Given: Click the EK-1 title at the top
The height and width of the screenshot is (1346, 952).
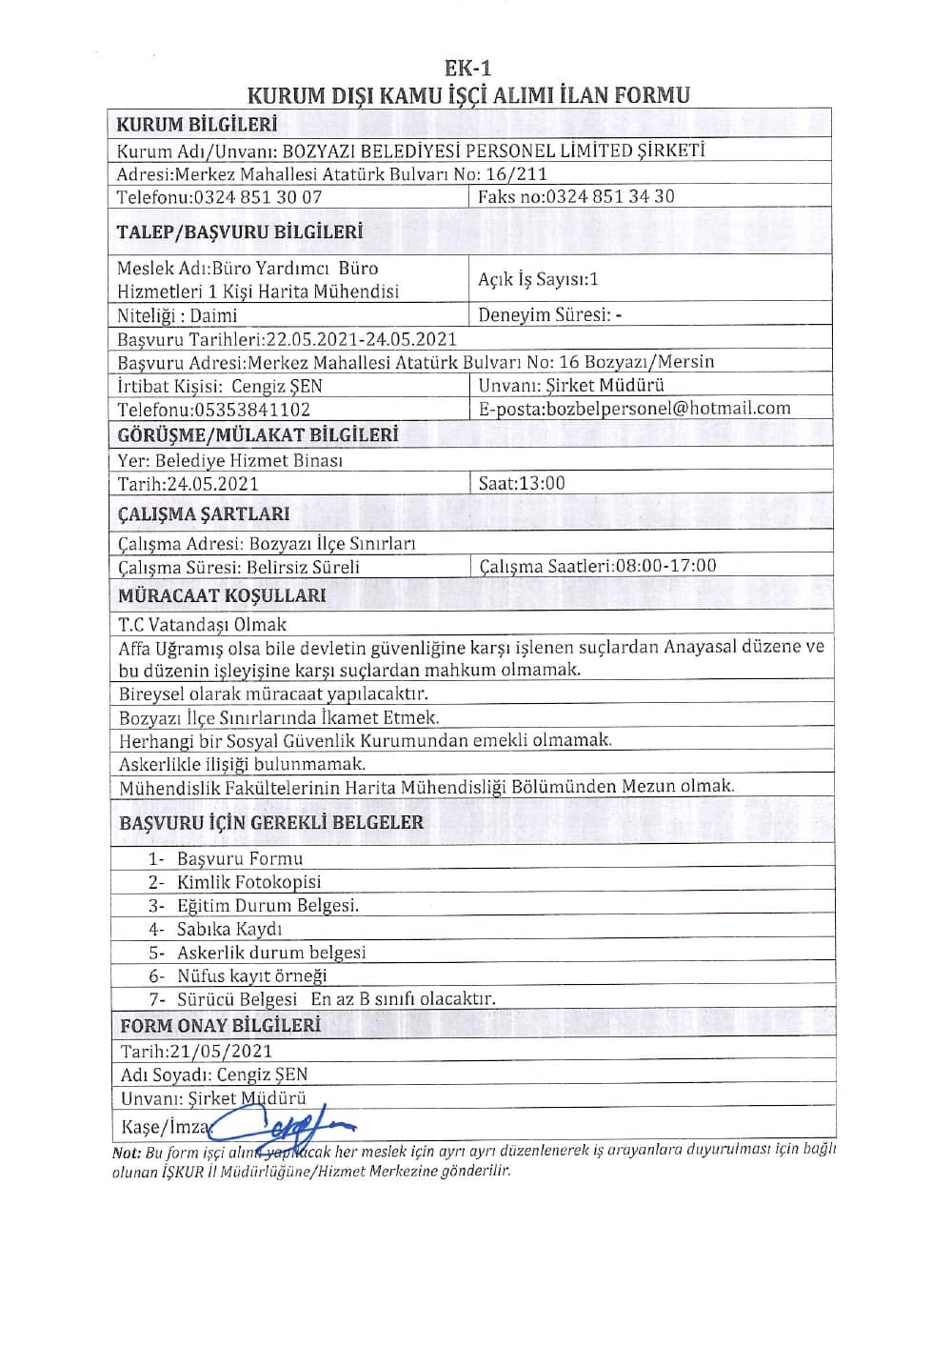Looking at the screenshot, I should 467,69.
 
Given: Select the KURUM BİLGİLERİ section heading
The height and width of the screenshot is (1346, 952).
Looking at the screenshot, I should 196,125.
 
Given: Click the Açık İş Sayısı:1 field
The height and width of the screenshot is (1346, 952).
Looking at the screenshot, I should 538,279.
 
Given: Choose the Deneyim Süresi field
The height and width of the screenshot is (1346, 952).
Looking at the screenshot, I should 549,314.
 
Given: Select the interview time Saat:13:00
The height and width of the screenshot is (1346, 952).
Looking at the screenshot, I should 522,483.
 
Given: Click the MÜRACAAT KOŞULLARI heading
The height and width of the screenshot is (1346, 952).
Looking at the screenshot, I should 222,596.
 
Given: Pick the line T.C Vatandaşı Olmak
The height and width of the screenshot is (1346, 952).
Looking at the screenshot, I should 202,625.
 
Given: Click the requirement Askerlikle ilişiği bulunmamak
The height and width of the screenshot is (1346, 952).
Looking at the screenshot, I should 242,764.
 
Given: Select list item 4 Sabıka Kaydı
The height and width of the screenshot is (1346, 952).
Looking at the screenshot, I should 228,929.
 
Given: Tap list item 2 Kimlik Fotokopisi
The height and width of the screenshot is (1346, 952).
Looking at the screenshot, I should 248,882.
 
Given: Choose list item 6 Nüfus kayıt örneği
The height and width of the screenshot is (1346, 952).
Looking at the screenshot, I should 250,975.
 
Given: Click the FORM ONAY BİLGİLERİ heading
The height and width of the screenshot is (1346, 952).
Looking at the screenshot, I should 220,1026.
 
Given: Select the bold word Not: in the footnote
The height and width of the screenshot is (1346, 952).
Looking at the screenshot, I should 127,1153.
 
